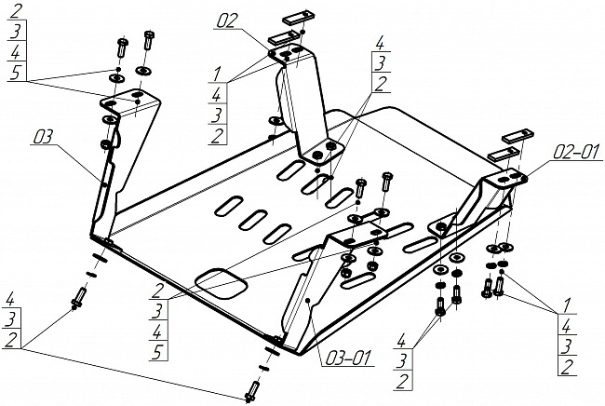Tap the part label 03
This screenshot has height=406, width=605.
pyautogui.click(x=43, y=137)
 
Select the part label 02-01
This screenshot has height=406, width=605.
pyautogui.click(x=576, y=152)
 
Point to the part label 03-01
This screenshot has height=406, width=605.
pyautogui.click(x=348, y=358)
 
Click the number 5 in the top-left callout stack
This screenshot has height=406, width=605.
pyautogui.click(x=15, y=72)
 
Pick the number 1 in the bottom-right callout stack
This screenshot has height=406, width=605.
pyautogui.click(x=565, y=305)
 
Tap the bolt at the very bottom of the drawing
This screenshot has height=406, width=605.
pyautogui.click(x=253, y=391)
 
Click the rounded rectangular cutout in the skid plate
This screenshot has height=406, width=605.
pyautogui.click(x=222, y=284)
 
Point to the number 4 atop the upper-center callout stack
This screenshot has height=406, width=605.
pyautogui.click(x=380, y=43)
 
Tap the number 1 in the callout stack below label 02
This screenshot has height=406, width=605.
pyautogui.click(x=218, y=74)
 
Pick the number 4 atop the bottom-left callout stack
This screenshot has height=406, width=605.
pyautogui.click(x=10, y=299)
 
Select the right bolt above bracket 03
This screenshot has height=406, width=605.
pyautogui.click(x=148, y=40)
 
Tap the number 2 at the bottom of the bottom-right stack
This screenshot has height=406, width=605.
pyautogui.click(x=567, y=367)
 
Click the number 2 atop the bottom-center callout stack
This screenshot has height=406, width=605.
pyautogui.click(x=156, y=291)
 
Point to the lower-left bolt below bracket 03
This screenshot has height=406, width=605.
pyautogui.click(x=78, y=298)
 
